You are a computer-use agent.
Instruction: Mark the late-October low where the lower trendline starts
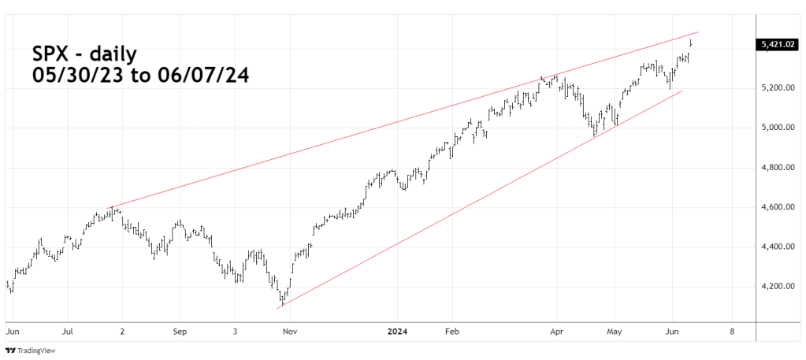point(281,304)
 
